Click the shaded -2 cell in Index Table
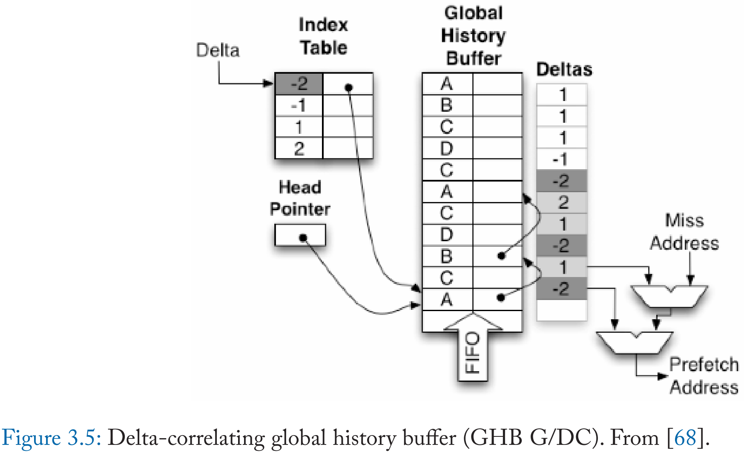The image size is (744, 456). coord(299,84)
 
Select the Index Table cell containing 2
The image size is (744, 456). coord(299,149)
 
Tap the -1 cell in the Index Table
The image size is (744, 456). coord(299,105)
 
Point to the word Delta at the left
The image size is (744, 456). coord(218,50)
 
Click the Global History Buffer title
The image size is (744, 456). coord(473,36)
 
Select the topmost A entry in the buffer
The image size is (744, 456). coord(447,84)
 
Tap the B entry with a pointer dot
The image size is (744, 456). coord(447,257)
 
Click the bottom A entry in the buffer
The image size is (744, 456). coord(447,300)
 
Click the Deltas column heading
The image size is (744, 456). coord(564,69)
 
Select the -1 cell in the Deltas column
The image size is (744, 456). coord(561,160)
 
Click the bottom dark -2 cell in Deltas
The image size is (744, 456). coord(561,289)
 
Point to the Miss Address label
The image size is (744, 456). coord(684,232)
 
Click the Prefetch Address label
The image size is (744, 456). coord(704,376)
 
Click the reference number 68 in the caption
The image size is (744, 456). coord(686,438)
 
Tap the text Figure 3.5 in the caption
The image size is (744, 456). coord(51,438)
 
